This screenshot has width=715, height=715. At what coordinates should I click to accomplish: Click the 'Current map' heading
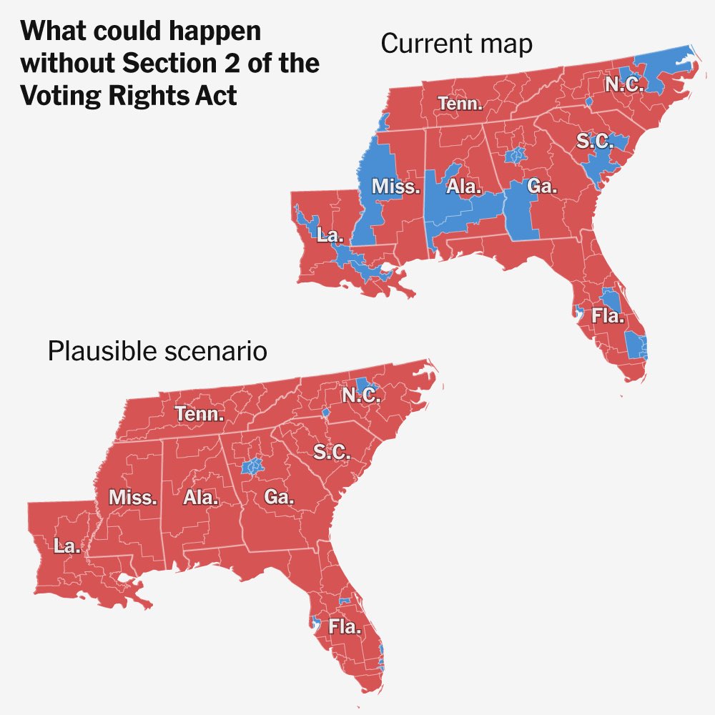coord(456,44)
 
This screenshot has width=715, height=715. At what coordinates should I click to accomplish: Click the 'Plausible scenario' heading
coord(157,352)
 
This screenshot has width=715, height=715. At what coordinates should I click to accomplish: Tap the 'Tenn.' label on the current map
coord(460,104)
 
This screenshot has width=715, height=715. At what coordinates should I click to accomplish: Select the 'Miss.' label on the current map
coord(395,187)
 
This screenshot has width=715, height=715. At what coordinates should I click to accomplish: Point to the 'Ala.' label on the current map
coord(464,187)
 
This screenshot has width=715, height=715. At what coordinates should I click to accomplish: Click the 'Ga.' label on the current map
coord(542,187)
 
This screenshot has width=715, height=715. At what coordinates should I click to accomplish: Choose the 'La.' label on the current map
coord(330,235)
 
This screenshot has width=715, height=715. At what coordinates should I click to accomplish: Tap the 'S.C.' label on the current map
coord(595,142)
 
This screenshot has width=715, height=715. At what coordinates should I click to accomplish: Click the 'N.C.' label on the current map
coord(624,85)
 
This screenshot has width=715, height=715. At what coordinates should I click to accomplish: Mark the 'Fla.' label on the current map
coord(607,315)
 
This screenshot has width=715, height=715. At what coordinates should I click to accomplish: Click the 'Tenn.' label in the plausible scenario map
coord(199,414)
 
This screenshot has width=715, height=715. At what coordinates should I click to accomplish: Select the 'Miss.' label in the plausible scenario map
coord(132,498)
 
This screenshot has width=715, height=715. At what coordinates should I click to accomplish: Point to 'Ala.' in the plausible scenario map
coord(200,498)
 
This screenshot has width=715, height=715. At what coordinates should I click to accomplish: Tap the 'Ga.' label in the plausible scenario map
coord(279,498)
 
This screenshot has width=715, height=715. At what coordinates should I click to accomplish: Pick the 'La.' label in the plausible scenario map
coord(67,546)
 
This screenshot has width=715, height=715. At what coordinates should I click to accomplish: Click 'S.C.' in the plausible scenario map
coord(332,452)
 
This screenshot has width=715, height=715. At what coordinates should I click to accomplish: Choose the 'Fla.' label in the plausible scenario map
coord(345,628)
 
